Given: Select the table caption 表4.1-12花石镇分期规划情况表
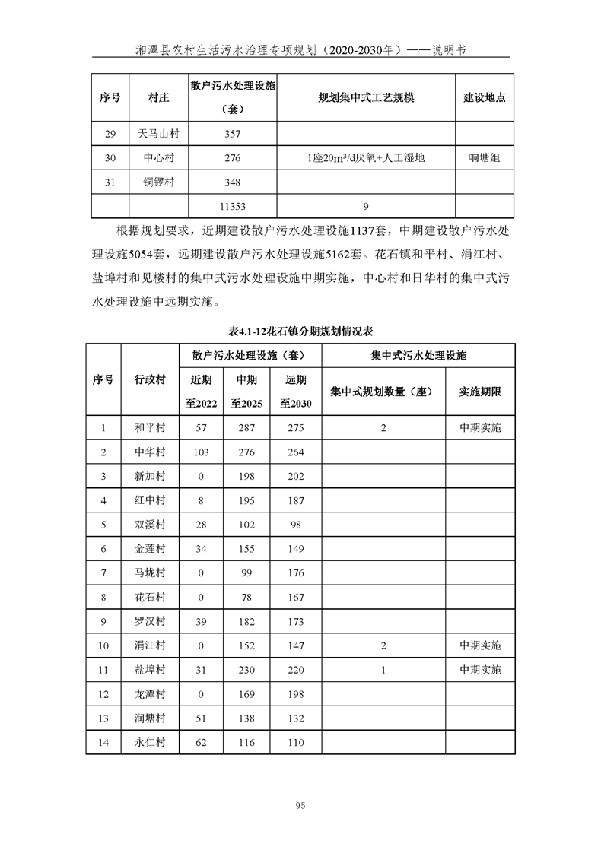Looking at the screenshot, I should pyautogui.click(x=300, y=332).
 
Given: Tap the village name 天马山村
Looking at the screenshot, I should pyautogui.click(x=159, y=135).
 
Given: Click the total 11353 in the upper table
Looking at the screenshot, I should pyautogui.click(x=233, y=205).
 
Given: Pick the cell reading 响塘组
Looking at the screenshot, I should pyautogui.click(x=485, y=158).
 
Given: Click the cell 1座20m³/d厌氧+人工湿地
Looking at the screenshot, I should pyautogui.click(x=365, y=158).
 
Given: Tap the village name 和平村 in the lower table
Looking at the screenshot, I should pyautogui.click(x=150, y=427).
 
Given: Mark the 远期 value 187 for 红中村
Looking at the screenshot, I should pyautogui.click(x=296, y=500).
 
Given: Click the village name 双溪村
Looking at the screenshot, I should pyautogui.click(x=150, y=525).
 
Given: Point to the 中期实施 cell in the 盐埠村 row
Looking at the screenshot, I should pyautogui.click(x=480, y=670).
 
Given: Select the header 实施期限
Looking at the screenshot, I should pyautogui.click(x=480, y=392).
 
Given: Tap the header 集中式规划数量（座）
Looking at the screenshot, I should pyautogui.click(x=383, y=392).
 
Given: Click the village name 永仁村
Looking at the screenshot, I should pyautogui.click(x=150, y=742).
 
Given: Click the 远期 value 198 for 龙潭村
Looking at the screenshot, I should pyautogui.click(x=296, y=694).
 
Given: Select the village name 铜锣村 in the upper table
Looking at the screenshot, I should pyautogui.click(x=159, y=182).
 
